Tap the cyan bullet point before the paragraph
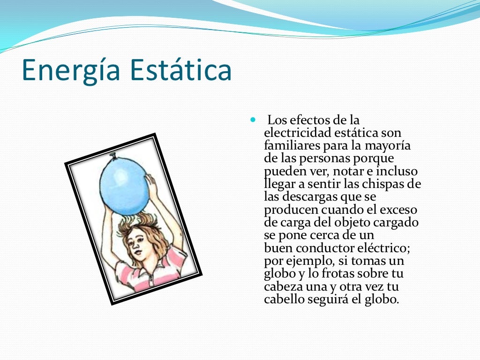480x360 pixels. [x=254, y=120]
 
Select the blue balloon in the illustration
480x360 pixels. [x=125, y=186]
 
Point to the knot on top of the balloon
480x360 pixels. [x=113, y=155]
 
